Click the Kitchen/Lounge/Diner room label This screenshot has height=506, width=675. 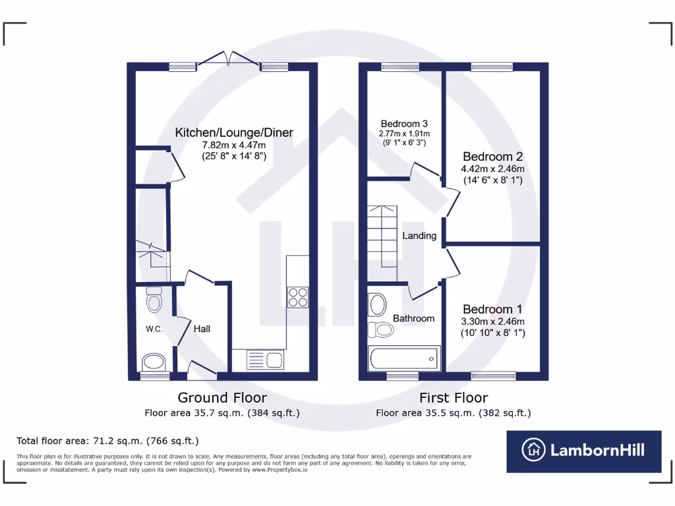[234, 133]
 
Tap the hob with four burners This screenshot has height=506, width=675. [298, 297]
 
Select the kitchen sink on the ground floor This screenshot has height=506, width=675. [264, 360]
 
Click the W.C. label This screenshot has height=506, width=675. [154, 329]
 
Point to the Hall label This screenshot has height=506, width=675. [202, 328]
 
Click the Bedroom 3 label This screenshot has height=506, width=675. [405, 124]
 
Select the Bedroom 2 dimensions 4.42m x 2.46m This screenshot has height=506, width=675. [492, 169]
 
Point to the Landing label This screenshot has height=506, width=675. [419, 235]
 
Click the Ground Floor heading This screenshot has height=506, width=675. [222, 398]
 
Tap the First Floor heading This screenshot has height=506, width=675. [454, 398]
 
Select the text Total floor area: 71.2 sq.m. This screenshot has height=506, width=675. [107, 441]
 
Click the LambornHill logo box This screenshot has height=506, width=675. [583, 451]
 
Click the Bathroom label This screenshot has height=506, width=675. [413, 318]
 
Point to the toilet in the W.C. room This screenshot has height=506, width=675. [154, 300]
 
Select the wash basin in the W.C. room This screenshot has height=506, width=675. [154, 362]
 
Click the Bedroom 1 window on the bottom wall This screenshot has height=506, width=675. [493, 376]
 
